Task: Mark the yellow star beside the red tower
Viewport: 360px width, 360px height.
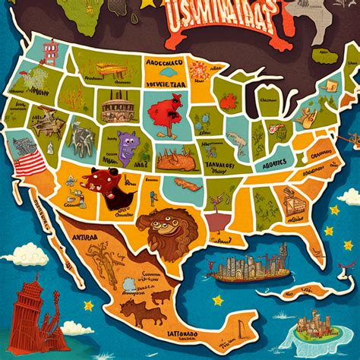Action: click(x=88, y=305)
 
